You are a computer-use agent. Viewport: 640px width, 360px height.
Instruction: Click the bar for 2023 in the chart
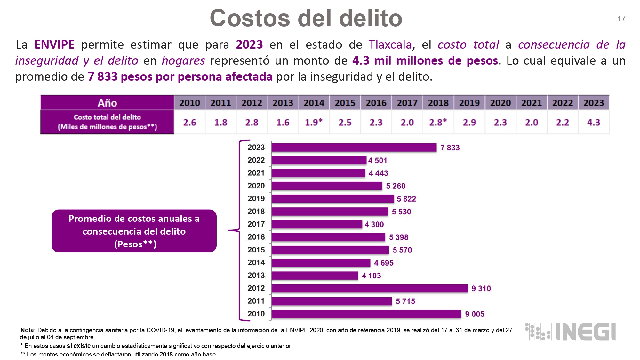point(354,148)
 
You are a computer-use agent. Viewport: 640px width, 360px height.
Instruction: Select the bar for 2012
point(370,288)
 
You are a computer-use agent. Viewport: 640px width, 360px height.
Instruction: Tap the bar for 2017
point(317,224)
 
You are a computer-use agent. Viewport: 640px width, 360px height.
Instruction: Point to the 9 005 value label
point(475,314)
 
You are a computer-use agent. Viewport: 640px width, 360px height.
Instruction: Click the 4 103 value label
point(371,276)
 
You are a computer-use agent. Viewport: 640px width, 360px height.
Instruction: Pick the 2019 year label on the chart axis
point(256,199)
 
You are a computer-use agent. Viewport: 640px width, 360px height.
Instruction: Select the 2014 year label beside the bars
point(256,263)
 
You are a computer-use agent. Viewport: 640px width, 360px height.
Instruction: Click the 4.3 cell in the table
point(593,122)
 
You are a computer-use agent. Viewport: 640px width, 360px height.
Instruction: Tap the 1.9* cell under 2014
point(314,122)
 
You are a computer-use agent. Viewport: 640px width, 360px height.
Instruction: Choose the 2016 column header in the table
point(376,103)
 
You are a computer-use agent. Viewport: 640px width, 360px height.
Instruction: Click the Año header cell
point(107,103)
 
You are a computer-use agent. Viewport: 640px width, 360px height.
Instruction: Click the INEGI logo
point(570,332)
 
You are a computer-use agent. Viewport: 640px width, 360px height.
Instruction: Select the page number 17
point(621,19)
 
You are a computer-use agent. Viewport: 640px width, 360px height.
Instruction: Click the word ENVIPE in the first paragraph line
point(54,44)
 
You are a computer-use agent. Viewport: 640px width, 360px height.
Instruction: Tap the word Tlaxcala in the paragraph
point(390,44)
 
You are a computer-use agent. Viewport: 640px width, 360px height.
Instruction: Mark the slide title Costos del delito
point(306,18)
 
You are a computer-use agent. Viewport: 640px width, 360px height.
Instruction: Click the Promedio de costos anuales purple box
point(134,231)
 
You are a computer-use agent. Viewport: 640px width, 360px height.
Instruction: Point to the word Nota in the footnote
point(27,330)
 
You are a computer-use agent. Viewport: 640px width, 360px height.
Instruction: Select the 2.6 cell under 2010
point(189,122)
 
